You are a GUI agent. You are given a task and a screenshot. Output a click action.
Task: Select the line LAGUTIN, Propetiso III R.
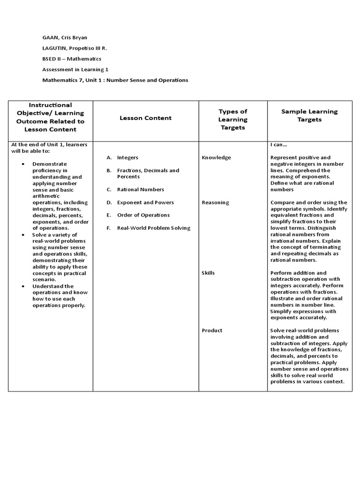point(74,48)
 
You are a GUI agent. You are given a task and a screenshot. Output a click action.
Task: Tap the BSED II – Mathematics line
point(72,59)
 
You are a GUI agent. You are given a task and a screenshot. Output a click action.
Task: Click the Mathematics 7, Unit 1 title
point(115,80)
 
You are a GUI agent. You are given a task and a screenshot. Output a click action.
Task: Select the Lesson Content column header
point(145,118)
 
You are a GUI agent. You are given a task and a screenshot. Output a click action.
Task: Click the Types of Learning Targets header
point(233,119)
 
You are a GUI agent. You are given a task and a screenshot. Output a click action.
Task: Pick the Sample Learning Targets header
point(309,115)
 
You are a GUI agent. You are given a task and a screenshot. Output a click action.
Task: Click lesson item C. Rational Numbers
point(140,189)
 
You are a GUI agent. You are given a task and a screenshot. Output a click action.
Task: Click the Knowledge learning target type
point(217,157)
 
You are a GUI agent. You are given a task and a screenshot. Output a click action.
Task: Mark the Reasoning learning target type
point(216,202)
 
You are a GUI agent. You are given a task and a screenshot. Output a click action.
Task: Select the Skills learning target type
point(209,273)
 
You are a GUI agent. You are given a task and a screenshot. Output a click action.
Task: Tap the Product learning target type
point(212,330)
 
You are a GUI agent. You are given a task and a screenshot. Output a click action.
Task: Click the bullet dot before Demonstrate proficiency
point(23,164)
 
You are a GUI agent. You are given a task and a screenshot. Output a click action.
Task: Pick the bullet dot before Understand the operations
point(23,286)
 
